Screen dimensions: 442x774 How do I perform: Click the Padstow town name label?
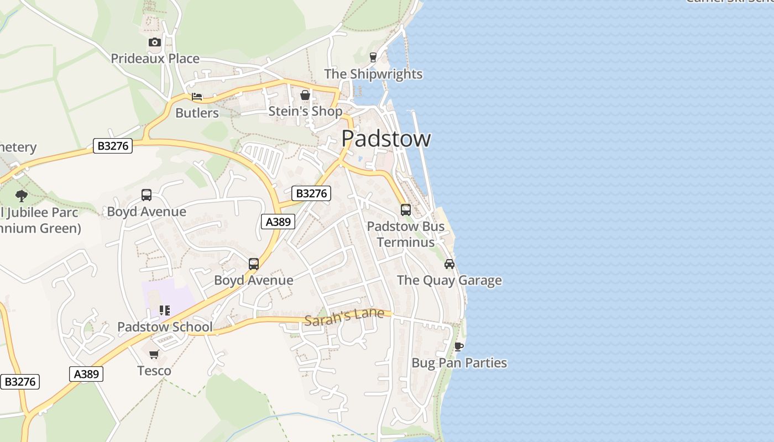[x=386, y=138]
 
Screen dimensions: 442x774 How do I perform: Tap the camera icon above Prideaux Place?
[x=154, y=43]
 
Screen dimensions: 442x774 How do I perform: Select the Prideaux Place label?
[x=155, y=59]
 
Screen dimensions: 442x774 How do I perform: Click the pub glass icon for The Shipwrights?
[x=373, y=57]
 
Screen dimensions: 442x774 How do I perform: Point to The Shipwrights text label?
[x=373, y=74]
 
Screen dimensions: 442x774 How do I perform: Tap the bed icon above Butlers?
[x=197, y=97]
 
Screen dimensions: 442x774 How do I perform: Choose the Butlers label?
[x=197, y=113]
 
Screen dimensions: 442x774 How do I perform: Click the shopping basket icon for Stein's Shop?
[x=305, y=96]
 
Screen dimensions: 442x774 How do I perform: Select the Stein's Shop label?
[x=305, y=112]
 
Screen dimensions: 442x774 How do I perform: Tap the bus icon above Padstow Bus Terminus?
[x=406, y=210]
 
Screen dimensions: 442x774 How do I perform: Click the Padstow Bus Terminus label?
[x=406, y=234]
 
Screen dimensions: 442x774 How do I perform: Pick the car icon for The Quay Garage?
[x=449, y=264]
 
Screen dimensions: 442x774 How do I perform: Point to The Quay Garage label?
[x=449, y=280]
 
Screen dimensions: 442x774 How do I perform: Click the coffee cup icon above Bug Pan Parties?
[x=458, y=346]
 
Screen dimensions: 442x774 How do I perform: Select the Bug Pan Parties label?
[x=459, y=363]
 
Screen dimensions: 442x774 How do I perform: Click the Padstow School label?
[x=165, y=327]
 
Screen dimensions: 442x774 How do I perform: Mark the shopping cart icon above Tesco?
[x=154, y=354]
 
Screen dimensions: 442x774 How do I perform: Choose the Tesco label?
[x=154, y=371]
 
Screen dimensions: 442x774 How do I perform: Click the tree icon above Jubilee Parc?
[x=22, y=196]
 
